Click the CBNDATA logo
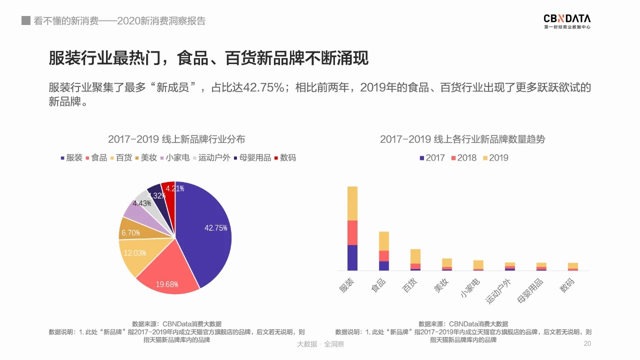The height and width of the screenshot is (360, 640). [x=567, y=21]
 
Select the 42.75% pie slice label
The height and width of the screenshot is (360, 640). [x=216, y=228]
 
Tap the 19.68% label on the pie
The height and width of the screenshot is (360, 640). [x=167, y=284]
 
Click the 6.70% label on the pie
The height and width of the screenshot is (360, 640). [x=130, y=233]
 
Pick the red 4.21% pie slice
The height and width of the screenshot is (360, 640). [x=169, y=192]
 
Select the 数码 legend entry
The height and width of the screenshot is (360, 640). [x=284, y=157]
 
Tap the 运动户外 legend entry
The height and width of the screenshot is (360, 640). [x=211, y=157]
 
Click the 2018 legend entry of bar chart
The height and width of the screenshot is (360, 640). [x=463, y=158]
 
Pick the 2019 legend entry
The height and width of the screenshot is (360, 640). [x=495, y=158]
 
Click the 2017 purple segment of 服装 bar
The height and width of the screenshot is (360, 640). [x=352, y=257]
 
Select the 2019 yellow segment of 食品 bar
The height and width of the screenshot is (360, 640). [x=384, y=241]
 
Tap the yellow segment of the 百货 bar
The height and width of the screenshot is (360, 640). [x=415, y=256]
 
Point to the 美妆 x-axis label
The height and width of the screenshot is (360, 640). [x=441, y=286]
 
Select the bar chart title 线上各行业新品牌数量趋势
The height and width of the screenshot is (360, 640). [x=462, y=139]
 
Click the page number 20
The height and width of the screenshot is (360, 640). [x=587, y=344]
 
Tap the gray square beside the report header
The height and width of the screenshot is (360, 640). [x=26, y=21]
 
